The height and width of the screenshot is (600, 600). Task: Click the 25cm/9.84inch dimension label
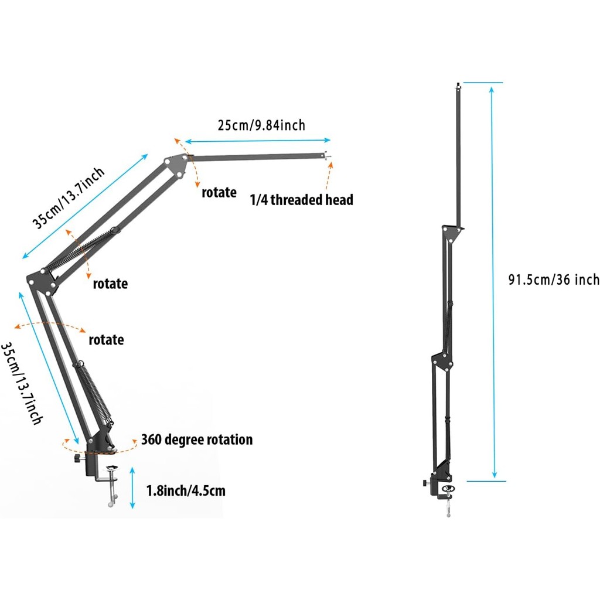(x=261, y=125)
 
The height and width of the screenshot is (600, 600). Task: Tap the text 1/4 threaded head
(x=302, y=200)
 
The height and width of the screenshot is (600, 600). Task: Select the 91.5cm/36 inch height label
(x=554, y=279)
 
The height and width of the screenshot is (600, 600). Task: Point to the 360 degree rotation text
(x=197, y=439)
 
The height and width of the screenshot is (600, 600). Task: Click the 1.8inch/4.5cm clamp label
(x=186, y=490)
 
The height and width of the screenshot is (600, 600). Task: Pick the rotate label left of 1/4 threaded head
(x=219, y=192)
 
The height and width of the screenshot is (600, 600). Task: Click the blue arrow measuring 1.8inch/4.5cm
(x=133, y=487)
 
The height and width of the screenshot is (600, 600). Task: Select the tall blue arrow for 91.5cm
(x=493, y=281)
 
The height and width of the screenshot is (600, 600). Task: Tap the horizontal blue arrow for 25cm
(x=258, y=141)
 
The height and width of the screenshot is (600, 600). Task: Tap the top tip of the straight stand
(x=457, y=86)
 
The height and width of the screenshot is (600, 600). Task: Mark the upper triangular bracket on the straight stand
(x=452, y=233)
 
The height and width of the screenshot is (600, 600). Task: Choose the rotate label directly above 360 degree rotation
(x=106, y=340)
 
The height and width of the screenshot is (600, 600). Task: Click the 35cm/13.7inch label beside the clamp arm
(x=21, y=383)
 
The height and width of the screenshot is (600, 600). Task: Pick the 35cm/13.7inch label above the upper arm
(x=69, y=198)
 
